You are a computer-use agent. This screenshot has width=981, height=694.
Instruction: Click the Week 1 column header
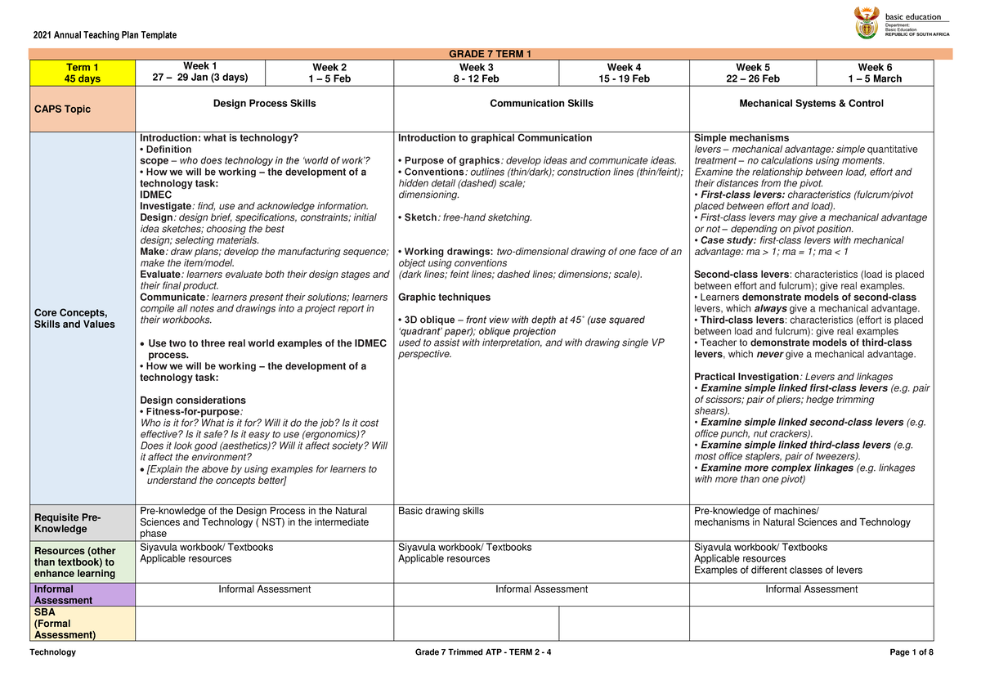[200, 72]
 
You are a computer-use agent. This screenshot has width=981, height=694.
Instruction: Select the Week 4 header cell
[624, 73]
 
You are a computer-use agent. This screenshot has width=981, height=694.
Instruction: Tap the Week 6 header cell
[875, 73]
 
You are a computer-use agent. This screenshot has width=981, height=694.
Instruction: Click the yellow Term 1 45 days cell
[83, 73]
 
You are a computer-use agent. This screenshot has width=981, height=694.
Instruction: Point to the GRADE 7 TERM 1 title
[490, 54]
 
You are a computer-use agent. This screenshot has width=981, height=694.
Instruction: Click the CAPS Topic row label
[62, 110]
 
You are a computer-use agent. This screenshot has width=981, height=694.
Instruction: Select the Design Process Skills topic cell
[264, 104]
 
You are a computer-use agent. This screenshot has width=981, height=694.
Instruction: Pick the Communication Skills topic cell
[541, 104]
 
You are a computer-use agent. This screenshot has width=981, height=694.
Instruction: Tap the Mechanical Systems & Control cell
[811, 104]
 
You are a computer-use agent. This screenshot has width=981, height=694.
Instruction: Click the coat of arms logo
[866, 22]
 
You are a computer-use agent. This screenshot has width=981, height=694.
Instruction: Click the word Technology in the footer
[52, 651]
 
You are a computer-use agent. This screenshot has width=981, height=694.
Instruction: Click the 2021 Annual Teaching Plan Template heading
[105, 34]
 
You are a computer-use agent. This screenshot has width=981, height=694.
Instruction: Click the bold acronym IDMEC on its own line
[156, 195]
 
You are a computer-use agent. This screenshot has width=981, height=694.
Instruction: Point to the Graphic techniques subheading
[444, 298]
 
